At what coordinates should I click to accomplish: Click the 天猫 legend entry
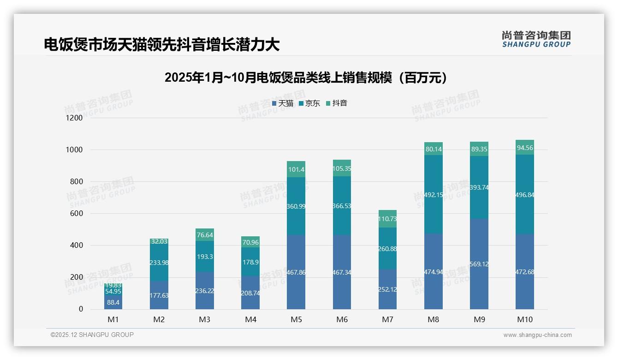[282, 103]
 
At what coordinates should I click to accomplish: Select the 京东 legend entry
[309, 103]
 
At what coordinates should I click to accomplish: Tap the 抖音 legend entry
[336, 103]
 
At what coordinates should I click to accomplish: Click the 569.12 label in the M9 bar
[479, 264]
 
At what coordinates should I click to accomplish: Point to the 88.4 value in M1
[113, 302]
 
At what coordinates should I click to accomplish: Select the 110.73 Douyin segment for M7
[387, 219]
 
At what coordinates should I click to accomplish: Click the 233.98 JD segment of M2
[159, 263]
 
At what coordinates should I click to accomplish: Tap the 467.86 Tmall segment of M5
[296, 272]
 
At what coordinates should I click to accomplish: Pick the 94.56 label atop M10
[525, 148]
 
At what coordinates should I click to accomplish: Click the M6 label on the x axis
[342, 319]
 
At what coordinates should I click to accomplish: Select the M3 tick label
[204, 319]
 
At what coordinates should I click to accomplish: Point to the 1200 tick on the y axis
[74, 118]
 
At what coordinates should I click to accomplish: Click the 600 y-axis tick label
[76, 214]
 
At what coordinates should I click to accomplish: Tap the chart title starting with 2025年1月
[306, 78]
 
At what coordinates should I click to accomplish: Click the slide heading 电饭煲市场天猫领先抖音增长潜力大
[162, 45]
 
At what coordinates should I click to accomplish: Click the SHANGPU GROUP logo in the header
[536, 39]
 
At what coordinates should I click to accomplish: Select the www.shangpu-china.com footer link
[537, 335]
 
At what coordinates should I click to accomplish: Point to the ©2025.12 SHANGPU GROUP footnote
[92, 335]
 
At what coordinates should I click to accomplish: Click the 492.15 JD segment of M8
[434, 195]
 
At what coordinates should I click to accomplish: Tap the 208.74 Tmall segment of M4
[250, 293]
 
